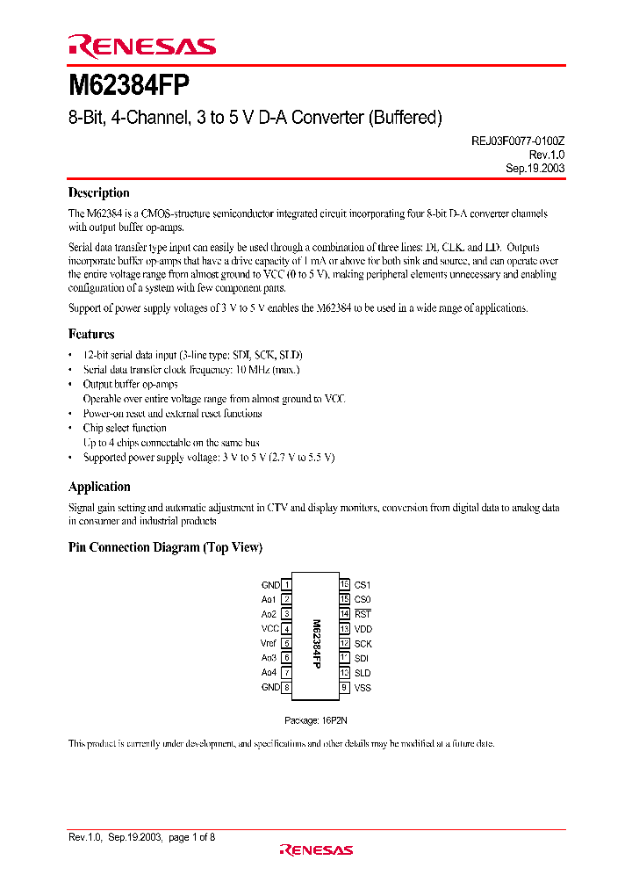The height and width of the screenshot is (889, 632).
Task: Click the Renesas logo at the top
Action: tap(141, 47)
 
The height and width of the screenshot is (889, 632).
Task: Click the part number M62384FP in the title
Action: tap(128, 87)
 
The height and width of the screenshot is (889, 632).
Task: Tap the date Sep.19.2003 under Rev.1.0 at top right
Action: tap(535, 167)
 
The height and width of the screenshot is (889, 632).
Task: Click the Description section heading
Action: tap(99, 193)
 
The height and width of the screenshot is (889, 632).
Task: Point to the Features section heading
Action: tap(91, 334)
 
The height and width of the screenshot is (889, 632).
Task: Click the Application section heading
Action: tap(99, 487)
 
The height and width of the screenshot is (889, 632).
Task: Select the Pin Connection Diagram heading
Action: tap(165, 547)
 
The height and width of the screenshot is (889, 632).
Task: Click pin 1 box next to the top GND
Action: tap(287, 585)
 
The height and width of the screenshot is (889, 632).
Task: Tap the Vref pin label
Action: tap(269, 643)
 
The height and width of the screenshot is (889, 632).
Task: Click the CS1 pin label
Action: tap(363, 585)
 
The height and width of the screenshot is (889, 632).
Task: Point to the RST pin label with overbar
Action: tap(363, 614)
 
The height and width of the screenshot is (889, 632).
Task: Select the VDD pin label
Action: tap(363, 629)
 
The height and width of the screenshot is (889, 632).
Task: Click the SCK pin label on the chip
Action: tap(363, 644)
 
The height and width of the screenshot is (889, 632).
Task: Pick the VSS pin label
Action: tap(363, 688)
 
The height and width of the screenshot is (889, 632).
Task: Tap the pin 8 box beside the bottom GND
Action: tap(287, 688)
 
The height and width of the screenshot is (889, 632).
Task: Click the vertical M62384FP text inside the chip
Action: tap(316, 644)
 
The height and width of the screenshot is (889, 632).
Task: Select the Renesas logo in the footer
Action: tap(316, 849)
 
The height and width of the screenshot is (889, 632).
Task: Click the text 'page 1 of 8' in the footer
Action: tap(190, 837)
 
